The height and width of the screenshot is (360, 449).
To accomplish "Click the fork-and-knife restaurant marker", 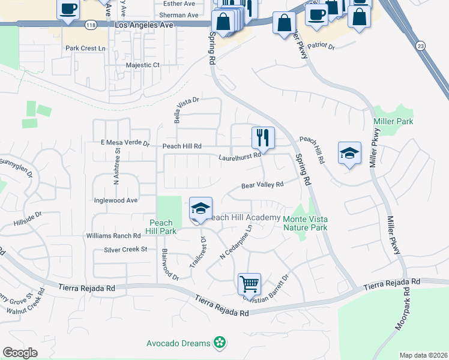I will [x=262, y=139].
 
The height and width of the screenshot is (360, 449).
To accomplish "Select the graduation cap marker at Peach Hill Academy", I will [x=200, y=208].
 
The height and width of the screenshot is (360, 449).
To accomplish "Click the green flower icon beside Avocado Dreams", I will [x=220, y=343].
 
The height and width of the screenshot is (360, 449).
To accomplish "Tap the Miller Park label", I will [x=393, y=121].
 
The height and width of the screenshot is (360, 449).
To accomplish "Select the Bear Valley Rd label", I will [x=262, y=185].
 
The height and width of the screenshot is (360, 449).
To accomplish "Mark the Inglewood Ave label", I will [x=116, y=200].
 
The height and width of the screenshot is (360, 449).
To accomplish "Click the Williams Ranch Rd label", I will [x=113, y=236].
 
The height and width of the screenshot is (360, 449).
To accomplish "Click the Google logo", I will [x=20, y=352].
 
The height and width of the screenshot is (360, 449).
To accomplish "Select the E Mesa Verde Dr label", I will [x=116, y=143].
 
